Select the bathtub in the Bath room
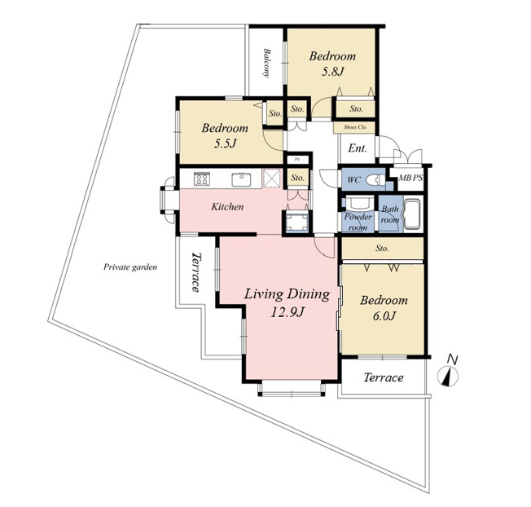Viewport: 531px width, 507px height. tap(411, 214)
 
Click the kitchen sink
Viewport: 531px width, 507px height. tap(241, 179)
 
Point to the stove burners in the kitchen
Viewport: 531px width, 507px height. tap(202, 179)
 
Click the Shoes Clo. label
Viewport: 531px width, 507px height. tap(355, 127)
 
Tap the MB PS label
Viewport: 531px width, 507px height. tap(410, 177)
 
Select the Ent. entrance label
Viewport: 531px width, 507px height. tap(358, 148)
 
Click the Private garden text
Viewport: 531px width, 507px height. tap(130, 267)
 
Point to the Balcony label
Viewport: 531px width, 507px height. tap(267, 63)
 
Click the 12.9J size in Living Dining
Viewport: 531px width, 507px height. tap(287, 312)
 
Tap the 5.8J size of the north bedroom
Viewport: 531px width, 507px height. tap(332, 72)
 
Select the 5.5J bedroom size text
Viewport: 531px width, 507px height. tap(225, 143)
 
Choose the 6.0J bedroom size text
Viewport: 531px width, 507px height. tap(384, 316)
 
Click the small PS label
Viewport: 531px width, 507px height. tap(297, 159)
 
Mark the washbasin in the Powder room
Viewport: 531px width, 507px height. tap(358, 203)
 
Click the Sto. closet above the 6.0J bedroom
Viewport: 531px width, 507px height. tap(382, 249)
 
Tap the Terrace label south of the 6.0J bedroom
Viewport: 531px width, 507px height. tap(384, 377)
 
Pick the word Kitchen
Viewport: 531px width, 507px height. tap(227, 207)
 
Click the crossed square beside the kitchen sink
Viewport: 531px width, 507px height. tap(272, 178)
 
